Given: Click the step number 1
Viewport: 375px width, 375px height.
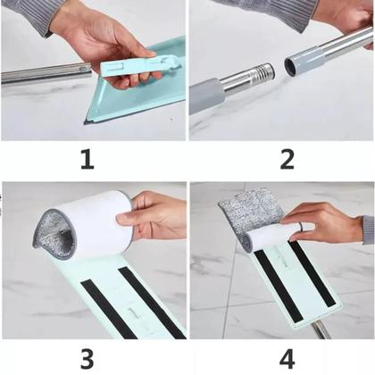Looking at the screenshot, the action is coord(87,159).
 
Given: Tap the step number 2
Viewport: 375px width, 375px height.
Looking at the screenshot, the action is coord(287,159).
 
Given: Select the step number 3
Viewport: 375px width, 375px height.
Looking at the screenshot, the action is coord(87,359).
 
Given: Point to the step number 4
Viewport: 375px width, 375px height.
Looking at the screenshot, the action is coord(287,359).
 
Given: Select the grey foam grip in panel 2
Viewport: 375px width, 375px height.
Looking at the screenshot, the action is coord(206,96).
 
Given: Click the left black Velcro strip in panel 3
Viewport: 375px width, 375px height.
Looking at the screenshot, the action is coord(109,310).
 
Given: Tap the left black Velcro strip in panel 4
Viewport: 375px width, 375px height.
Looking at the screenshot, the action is coord(278,286).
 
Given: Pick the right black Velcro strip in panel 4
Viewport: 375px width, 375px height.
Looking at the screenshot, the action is coord(312,274).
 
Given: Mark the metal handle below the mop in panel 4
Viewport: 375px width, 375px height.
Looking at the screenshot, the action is coord(321,329).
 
